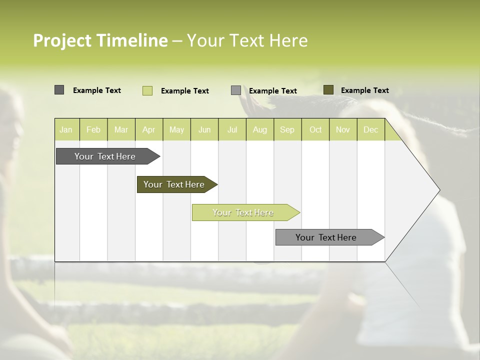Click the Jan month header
pyautogui.click(x=66, y=129)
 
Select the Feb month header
pyautogui.click(x=93, y=129)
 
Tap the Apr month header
pyautogui.click(x=148, y=129)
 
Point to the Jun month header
pyautogui.click(x=204, y=129)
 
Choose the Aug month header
pyautogui.click(x=259, y=129)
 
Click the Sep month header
pyautogui.click(x=287, y=129)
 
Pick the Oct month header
pyautogui.click(x=315, y=129)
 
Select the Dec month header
pyautogui.click(x=370, y=129)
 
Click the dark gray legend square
pyautogui.click(x=59, y=90)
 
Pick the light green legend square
pyautogui.click(x=147, y=90)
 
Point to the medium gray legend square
pyautogui.click(x=236, y=90)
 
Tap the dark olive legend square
pyautogui.click(x=328, y=90)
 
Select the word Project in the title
pyautogui.click(x=62, y=40)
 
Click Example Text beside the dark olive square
pyautogui.click(x=364, y=90)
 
